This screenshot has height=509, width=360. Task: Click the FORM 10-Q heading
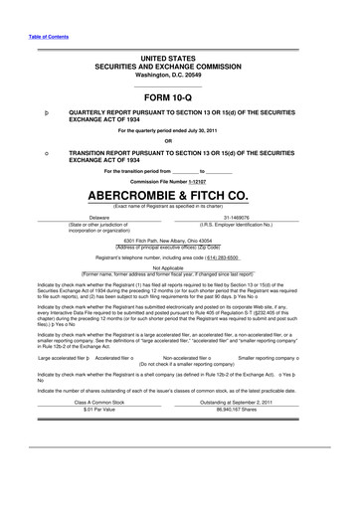[180, 98]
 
